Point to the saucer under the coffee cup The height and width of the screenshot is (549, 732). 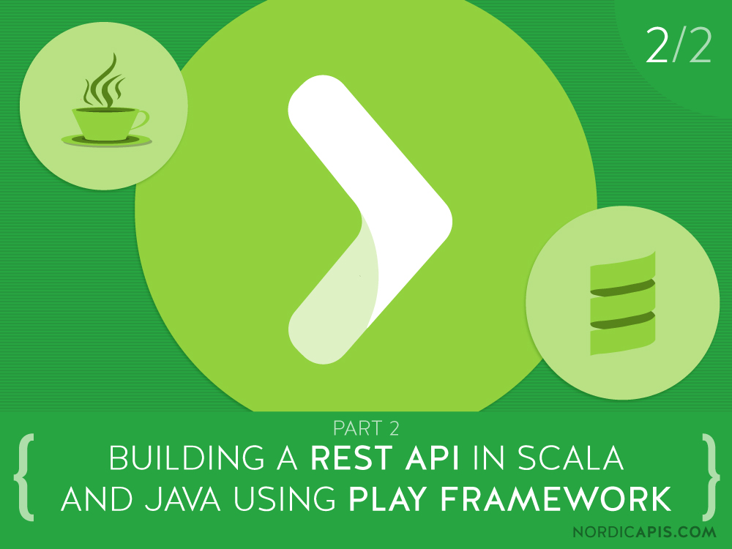click(x=106, y=140)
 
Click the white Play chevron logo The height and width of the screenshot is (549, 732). click(x=366, y=220)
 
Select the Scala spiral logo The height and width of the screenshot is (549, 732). click(x=622, y=302)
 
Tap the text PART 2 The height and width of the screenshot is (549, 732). click(x=366, y=426)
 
